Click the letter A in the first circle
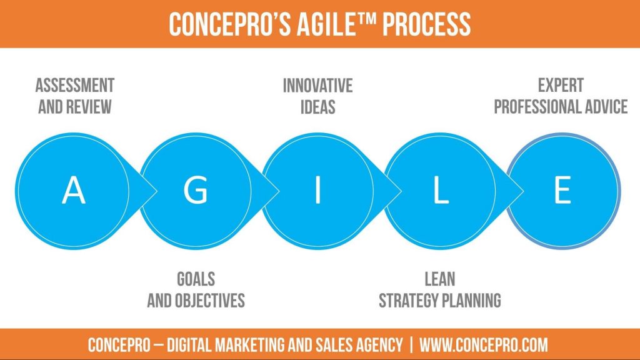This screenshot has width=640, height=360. tap(74, 190)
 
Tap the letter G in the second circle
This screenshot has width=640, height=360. tap(196, 190)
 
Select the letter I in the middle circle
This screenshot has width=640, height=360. tap(317, 190)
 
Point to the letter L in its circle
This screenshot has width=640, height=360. tap(441, 190)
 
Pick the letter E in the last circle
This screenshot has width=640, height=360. tap(562, 190)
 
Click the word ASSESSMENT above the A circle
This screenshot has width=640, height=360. tap(75, 86)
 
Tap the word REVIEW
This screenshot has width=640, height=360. tap(89, 107)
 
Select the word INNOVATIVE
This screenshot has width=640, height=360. tap(317, 86)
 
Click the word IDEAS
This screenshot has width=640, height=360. tap(317, 107)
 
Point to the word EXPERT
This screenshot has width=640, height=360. tap(561, 86)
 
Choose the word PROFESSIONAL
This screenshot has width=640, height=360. tap(537, 107)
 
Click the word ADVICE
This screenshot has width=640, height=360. tap(606, 107)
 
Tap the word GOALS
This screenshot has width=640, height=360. tap(196, 279)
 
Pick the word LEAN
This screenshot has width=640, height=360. tap(439, 279)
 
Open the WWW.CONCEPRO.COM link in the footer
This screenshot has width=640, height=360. tap(484, 345)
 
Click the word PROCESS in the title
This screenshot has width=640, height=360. tap(426, 24)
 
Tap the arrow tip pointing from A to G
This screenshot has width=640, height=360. tap(157, 191)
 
